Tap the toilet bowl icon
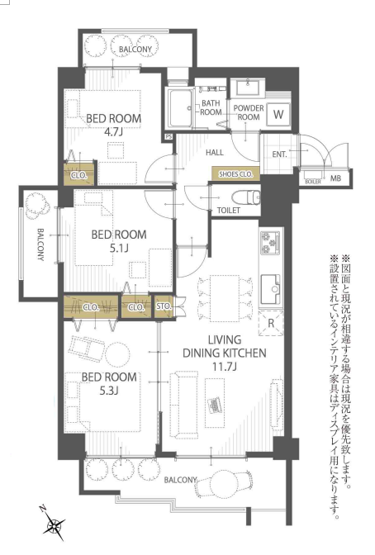(x=245, y=198)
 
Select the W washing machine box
(x=279, y=114)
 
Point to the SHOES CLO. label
(x=234, y=173)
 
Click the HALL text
(x=215, y=153)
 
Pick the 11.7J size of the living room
(x=225, y=367)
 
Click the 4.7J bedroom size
(x=113, y=132)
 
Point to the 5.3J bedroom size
(x=109, y=391)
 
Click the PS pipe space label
(x=169, y=136)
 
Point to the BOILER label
(x=313, y=178)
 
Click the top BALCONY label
(x=135, y=50)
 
